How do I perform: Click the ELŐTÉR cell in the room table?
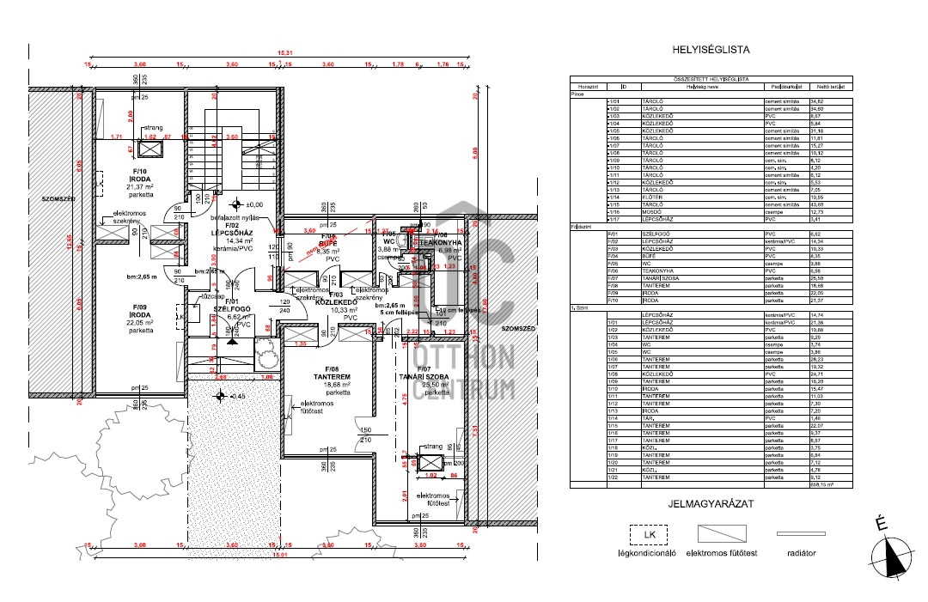click(x=653, y=198)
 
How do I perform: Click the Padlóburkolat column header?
click(x=785, y=87)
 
